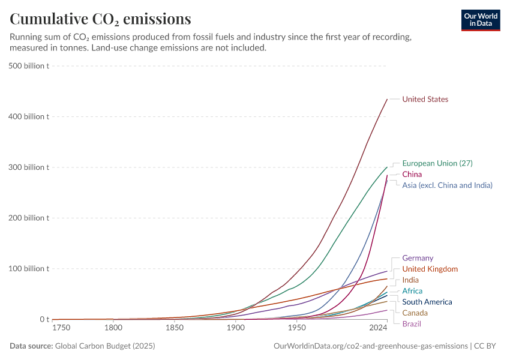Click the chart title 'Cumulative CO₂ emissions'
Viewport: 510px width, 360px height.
pos(100,19)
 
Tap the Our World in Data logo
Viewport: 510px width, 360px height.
pos(480,20)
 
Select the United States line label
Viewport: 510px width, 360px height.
pos(425,99)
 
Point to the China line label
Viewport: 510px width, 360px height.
pos(412,174)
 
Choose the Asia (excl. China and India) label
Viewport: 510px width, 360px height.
pos(447,185)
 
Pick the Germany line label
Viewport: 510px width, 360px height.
pos(418,258)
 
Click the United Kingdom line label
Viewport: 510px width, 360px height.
pos(430,269)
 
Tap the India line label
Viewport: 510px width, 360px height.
pos(410,280)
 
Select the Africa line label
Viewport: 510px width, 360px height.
pos(412,291)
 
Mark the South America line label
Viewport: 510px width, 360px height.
pos(427,302)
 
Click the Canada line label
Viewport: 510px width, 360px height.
pos(415,313)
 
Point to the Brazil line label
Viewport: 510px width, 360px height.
pos(412,324)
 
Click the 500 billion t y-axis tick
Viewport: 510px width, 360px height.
pos(29,65)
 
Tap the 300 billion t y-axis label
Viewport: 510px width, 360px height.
pos(29,167)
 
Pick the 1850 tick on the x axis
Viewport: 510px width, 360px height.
pos(175,328)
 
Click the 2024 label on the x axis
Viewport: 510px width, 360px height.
pos(378,328)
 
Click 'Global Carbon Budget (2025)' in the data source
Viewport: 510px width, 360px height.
pos(104,346)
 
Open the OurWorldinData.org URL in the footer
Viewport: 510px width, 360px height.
pos(370,346)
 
